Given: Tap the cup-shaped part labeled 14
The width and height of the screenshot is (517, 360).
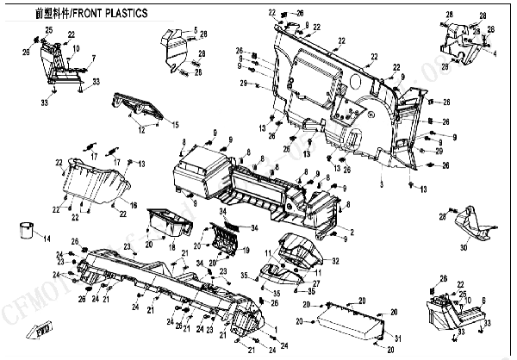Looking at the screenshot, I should (27, 230).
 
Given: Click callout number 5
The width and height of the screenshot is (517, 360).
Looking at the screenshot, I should (195, 30).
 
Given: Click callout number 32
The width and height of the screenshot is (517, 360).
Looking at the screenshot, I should (335, 260).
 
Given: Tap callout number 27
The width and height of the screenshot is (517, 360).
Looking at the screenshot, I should (316, 283).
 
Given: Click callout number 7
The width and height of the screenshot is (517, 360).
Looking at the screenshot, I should (94, 58).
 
